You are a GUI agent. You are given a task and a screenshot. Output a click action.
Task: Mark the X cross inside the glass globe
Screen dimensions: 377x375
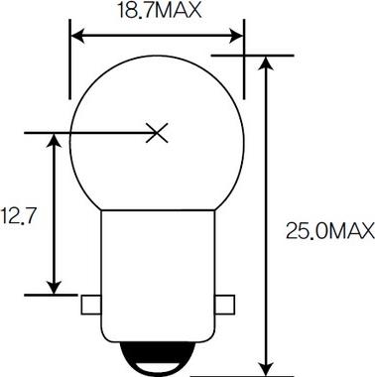156,132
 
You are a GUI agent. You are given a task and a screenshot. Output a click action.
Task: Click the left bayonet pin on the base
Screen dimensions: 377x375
93,302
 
